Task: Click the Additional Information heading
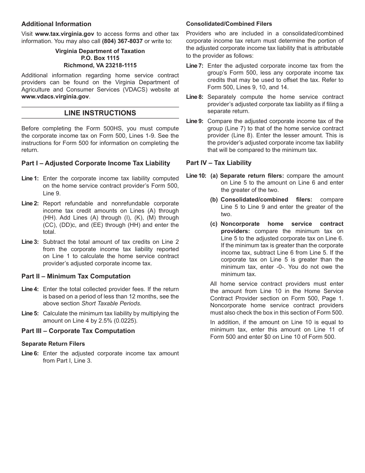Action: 56,24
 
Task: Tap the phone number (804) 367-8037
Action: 122,41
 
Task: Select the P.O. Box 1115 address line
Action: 100,58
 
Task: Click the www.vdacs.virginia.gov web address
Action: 55,97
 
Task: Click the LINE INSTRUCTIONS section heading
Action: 100,113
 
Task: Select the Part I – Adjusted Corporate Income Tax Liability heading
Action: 96,163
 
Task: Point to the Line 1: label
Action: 30,178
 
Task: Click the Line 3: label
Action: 30,242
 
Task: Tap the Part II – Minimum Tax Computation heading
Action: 76,276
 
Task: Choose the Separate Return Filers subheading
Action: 53,343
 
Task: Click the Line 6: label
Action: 30,353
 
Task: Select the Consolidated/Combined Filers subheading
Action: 229,24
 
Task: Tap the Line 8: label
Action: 194,97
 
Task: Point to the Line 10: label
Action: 196,176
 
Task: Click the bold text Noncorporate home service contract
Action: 282,224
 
